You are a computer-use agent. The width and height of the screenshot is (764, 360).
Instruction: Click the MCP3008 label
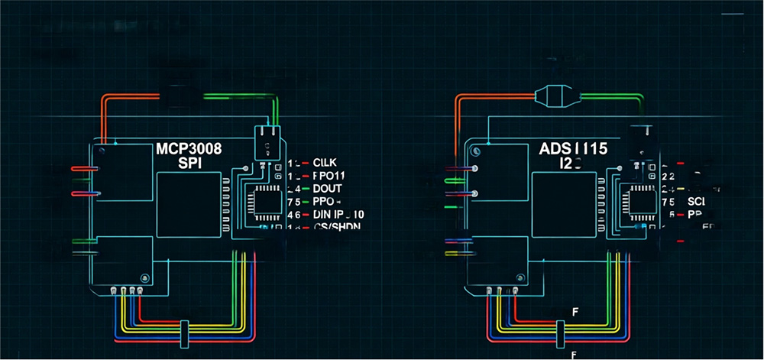[x=189, y=148]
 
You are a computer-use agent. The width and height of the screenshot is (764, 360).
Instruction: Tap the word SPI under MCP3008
[x=189, y=163]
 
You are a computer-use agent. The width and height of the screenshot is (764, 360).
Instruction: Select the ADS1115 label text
[x=572, y=148]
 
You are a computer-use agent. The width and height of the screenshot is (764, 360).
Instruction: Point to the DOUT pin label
[x=328, y=188]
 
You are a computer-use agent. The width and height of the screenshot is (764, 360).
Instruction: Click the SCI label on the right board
[x=695, y=200]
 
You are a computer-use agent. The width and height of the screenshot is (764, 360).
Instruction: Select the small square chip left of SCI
[x=636, y=200]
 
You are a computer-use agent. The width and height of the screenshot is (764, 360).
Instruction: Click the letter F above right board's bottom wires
[x=575, y=310]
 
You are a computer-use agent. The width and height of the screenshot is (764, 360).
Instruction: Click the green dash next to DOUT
[x=306, y=188]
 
